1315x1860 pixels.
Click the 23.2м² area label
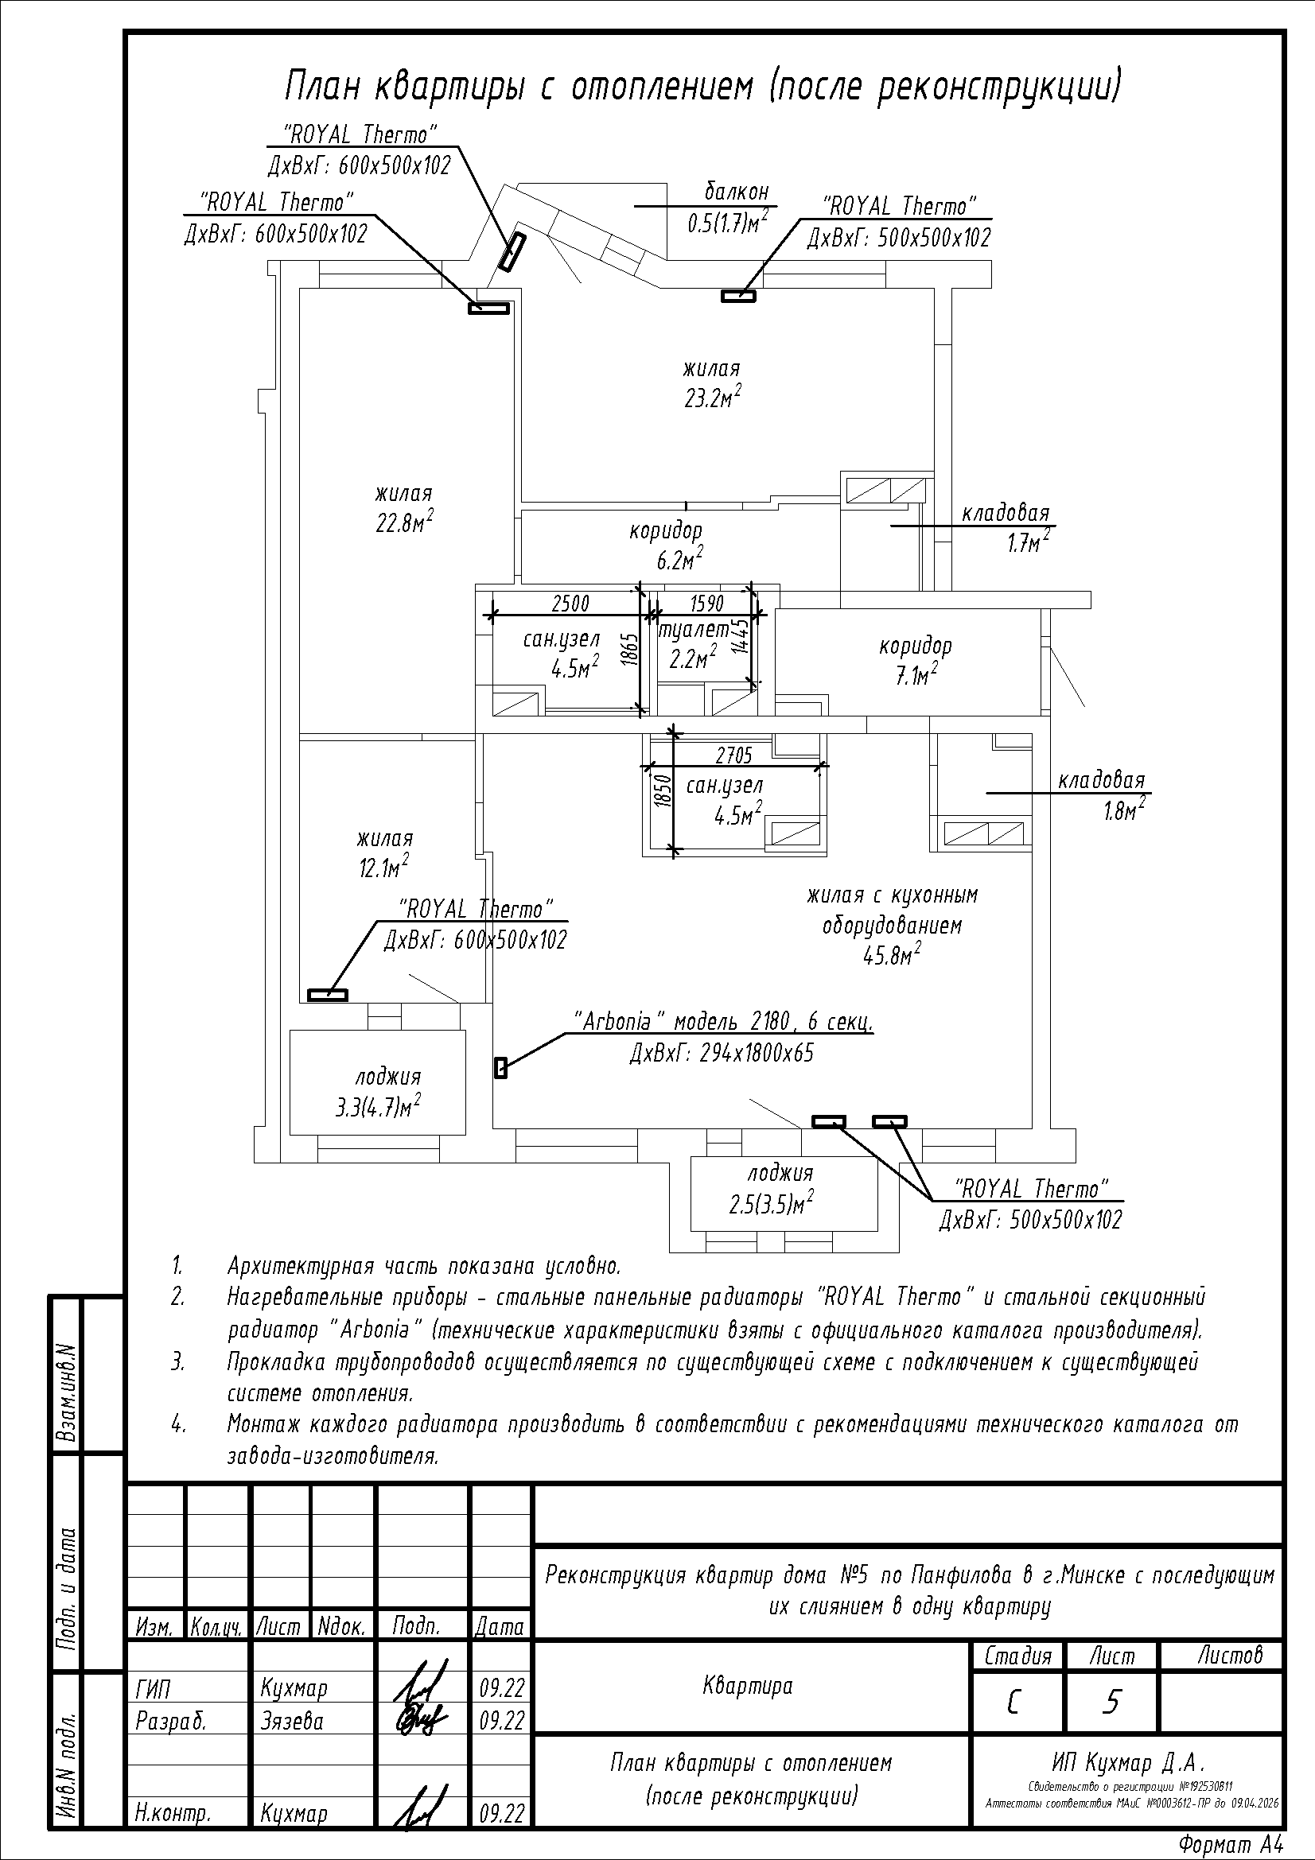pyautogui.click(x=713, y=398)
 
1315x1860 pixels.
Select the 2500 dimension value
pyautogui.click(x=570, y=604)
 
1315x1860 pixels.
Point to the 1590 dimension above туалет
pyautogui.click(x=706, y=604)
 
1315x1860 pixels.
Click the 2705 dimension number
pyautogui.click(x=734, y=755)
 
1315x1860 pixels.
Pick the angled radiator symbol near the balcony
pyautogui.click(x=512, y=252)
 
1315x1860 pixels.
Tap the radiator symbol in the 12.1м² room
pyautogui.click(x=327, y=995)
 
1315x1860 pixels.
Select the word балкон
pyautogui.click(x=736, y=192)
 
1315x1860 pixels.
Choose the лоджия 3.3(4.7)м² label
pyautogui.click(x=379, y=1092)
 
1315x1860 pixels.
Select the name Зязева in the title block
pyautogui.click(x=293, y=1721)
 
